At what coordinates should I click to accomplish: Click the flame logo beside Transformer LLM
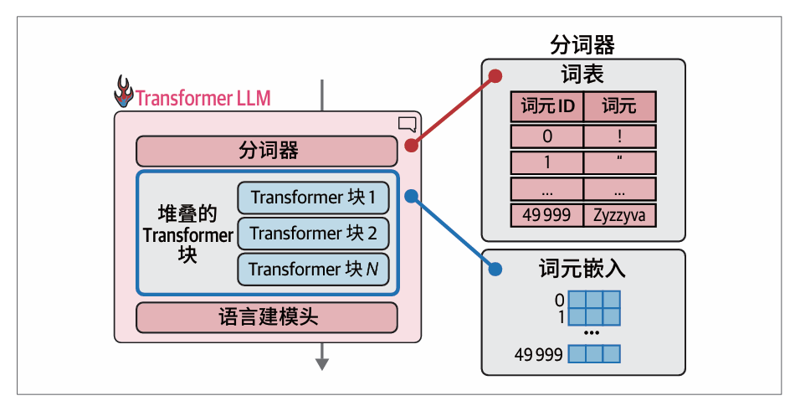coord(124,93)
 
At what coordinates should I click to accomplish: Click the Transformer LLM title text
coord(203,98)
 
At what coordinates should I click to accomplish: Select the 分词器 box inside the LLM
coord(267,152)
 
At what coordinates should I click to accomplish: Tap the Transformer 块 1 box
coord(313,198)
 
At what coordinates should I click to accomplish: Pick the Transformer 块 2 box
coord(313,234)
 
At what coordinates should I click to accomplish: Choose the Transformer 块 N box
coord(313,270)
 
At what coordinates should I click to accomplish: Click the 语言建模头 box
coord(267,317)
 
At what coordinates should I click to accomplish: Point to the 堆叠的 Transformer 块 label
coord(187,234)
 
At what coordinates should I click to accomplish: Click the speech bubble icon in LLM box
coord(408,125)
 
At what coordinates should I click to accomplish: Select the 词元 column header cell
coord(619,106)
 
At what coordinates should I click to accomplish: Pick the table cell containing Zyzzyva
coord(619,215)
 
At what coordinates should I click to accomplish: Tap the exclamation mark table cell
coord(619,136)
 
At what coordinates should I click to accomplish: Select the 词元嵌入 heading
coord(583,270)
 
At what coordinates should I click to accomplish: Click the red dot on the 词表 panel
coord(495,75)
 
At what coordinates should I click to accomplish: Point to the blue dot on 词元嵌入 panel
coord(495,270)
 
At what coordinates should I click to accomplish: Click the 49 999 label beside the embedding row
coord(538,354)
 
